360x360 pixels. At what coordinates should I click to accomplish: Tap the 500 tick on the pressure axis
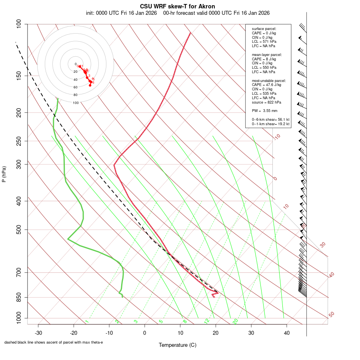(x=19, y=230)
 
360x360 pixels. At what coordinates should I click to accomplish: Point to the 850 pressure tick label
(x=19, y=298)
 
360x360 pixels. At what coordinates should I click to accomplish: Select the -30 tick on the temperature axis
(x=38, y=333)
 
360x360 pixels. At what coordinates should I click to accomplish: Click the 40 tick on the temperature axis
(x=286, y=333)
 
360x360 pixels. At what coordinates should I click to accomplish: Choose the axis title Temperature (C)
(x=178, y=345)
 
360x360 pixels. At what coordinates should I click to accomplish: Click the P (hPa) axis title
(x=4, y=174)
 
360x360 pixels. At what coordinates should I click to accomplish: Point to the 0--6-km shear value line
(x=270, y=120)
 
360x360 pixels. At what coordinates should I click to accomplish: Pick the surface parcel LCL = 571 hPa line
(x=264, y=42)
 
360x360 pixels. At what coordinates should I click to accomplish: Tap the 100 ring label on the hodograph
(x=76, y=103)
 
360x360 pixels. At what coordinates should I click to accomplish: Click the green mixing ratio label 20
(x=236, y=321)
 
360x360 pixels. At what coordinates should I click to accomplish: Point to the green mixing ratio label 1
(x=86, y=322)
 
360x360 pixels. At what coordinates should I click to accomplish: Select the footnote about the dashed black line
(x=54, y=342)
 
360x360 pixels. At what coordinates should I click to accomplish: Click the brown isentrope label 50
(x=331, y=314)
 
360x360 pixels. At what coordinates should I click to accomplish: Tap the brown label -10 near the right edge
(x=277, y=137)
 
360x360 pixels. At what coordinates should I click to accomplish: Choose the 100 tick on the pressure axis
(x=19, y=24)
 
